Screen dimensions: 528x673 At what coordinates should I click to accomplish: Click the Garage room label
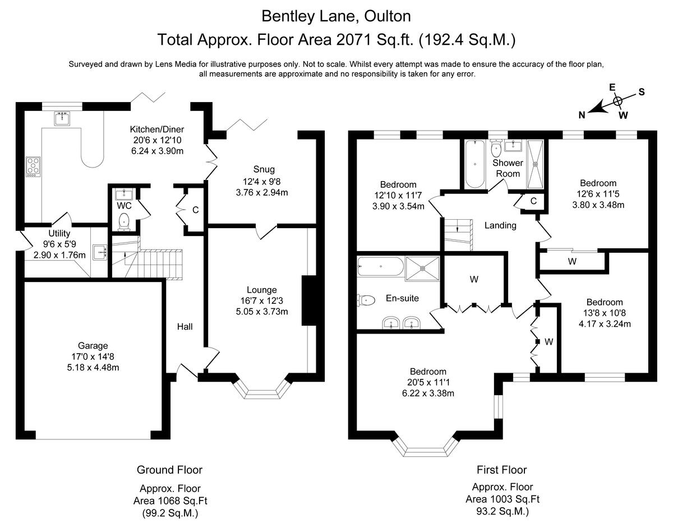click(x=93, y=346)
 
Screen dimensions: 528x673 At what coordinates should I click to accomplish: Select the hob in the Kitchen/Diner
click(x=33, y=166)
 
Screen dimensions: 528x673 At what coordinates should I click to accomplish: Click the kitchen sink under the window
click(x=62, y=118)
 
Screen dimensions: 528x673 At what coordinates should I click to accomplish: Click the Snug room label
click(x=264, y=169)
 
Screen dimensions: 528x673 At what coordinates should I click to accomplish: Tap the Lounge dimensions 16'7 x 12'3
click(x=262, y=301)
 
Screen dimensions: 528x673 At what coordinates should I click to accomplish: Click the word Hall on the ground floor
click(x=185, y=326)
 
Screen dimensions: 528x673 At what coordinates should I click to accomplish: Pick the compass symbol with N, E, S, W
click(x=617, y=101)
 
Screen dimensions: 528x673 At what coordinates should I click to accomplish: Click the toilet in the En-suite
click(x=366, y=300)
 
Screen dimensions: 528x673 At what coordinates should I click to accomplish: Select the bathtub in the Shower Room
click(x=475, y=164)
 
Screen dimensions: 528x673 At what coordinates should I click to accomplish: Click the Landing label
click(x=500, y=225)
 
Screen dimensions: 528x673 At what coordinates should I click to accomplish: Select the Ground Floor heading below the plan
click(x=169, y=470)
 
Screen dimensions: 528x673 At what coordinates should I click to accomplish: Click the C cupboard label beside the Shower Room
click(x=533, y=201)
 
